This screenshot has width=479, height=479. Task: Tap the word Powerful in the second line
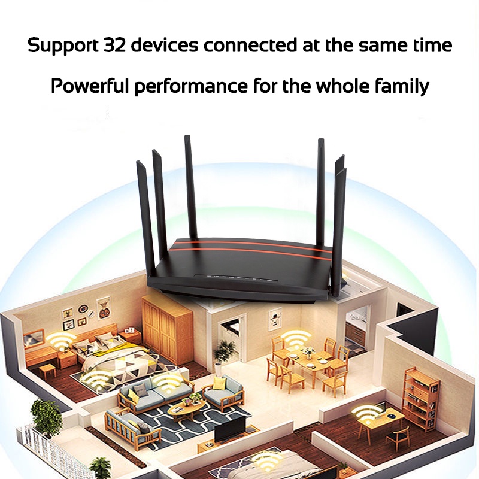pos(89,86)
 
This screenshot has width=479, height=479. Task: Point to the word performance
pos(191,87)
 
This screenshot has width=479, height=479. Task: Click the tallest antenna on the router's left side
pos(190,187)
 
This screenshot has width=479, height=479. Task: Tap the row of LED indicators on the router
pos(239,278)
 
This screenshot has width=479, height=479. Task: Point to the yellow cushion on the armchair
pos(220,383)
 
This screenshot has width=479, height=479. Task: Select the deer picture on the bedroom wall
pos(103,308)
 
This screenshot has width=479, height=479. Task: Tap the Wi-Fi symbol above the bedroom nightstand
pos(62,341)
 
